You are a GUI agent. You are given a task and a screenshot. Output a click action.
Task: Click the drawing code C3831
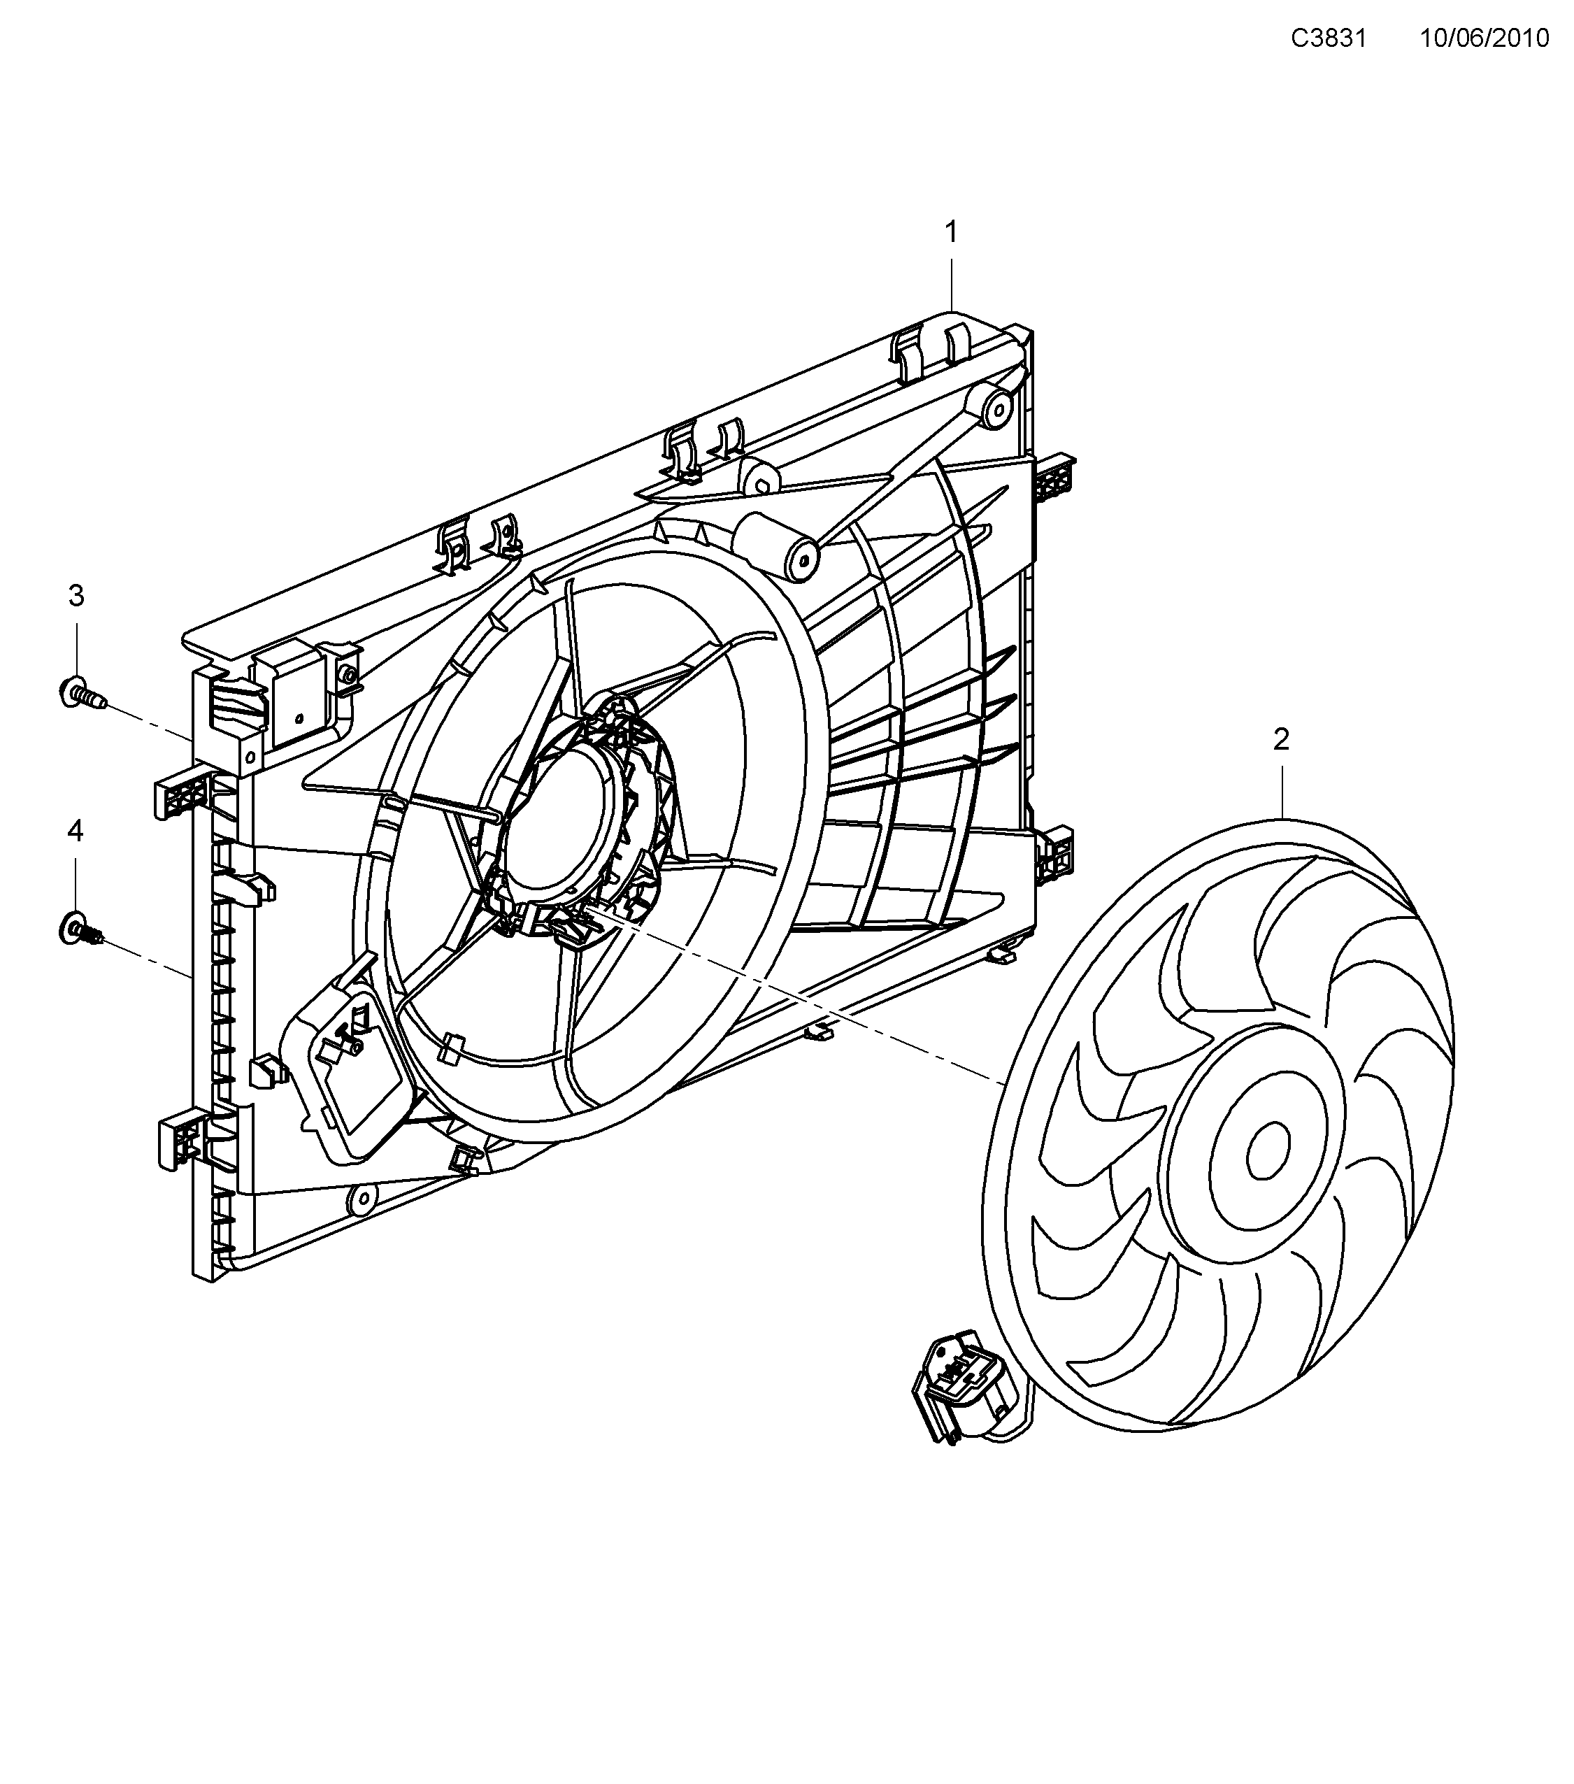point(1328,38)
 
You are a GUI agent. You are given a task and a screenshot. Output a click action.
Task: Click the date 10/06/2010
point(1484,38)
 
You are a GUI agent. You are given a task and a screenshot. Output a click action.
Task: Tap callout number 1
point(951,232)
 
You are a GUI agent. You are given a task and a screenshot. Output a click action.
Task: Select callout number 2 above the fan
point(1281,740)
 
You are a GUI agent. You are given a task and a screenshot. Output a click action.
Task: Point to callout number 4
point(76,831)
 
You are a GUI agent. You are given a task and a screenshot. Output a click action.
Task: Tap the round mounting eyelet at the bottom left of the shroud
point(360,1199)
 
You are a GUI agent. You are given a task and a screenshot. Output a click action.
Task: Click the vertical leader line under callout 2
point(1282,790)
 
